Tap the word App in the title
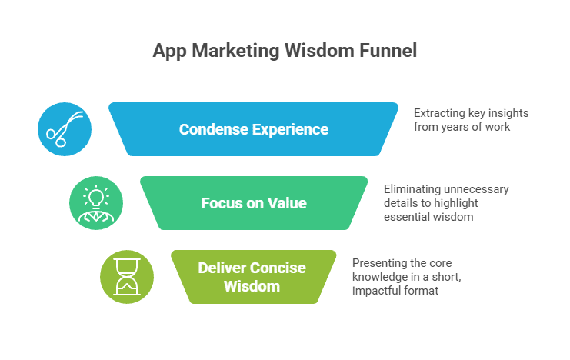169,52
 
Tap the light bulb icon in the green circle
96,202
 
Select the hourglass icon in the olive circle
127,277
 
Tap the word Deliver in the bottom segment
222,268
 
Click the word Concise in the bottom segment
277,268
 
